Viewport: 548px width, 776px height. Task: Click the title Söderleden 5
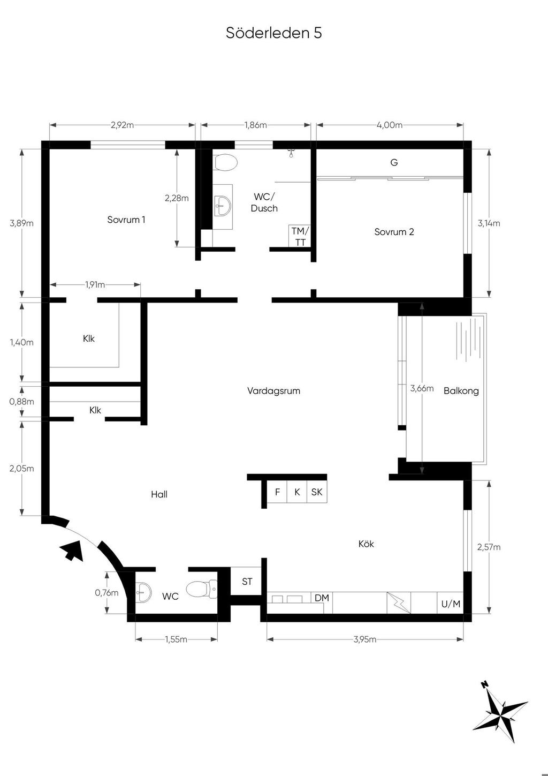click(274, 33)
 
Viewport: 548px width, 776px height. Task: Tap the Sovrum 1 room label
click(126, 220)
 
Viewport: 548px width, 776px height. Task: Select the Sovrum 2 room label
click(394, 232)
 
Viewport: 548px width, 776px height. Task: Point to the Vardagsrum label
click(273, 391)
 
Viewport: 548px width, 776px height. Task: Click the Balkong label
click(461, 391)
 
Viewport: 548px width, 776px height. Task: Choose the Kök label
click(366, 544)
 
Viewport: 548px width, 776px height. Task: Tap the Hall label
click(159, 494)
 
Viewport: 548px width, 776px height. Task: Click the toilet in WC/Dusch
click(226, 162)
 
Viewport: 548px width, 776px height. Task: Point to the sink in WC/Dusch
click(223, 206)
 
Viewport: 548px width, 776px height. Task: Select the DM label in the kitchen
click(322, 598)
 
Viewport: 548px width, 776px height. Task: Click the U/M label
click(451, 604)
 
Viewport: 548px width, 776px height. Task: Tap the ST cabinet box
click(247, 581)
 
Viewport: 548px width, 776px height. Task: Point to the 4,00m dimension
click(390, 125)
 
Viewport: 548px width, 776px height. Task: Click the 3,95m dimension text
click(365, 639)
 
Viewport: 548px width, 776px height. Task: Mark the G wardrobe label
click(394, 162)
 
